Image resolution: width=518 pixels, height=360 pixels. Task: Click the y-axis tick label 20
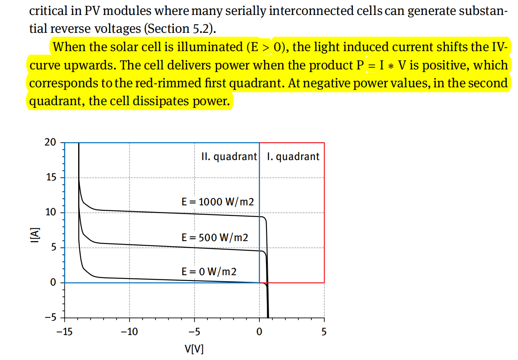49,142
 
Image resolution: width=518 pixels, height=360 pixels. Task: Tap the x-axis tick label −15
64,332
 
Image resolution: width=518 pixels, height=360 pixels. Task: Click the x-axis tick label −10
129,332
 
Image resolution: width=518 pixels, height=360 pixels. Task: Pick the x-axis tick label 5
324,332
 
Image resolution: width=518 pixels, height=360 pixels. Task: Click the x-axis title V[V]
194,348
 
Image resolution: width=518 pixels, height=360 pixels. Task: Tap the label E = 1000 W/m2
218,202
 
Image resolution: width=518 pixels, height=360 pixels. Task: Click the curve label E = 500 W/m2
215,237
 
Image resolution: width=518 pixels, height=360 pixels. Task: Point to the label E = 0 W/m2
209,272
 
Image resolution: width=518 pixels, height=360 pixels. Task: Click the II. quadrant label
229,157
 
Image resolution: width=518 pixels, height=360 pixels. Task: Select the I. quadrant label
294,157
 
